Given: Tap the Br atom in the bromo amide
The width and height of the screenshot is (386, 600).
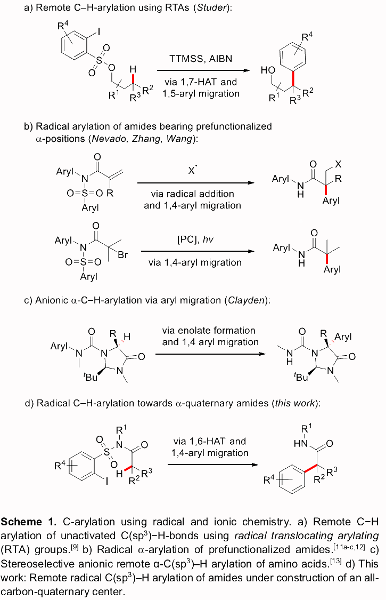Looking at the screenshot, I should [122, 255].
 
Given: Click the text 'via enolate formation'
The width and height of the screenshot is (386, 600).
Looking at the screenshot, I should [209, 331].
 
